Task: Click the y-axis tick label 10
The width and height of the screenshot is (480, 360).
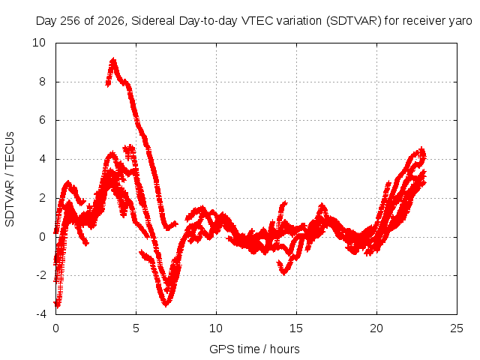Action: coord(39,43)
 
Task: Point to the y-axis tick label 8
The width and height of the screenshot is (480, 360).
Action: coord(42,82)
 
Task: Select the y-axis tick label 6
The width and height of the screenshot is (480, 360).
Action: coord(42,120)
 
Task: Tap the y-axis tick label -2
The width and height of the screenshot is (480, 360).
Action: coord(40,275)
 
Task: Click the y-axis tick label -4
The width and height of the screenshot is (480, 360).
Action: coord(40,314)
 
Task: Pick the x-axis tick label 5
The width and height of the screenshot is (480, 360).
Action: coord(136,328)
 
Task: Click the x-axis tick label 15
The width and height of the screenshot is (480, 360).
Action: coord(296,328)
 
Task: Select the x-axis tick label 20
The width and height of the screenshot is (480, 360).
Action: coord(376,328)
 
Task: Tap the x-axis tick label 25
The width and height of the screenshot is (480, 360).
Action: coord(457,328)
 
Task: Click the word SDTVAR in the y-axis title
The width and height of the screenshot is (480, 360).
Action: coord(10,204)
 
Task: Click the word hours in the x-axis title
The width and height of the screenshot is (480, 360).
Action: coord(285,349)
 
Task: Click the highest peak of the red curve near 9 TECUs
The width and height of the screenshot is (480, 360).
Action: coord(113,60)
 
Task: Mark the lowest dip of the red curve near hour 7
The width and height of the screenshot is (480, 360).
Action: coord(166,304)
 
